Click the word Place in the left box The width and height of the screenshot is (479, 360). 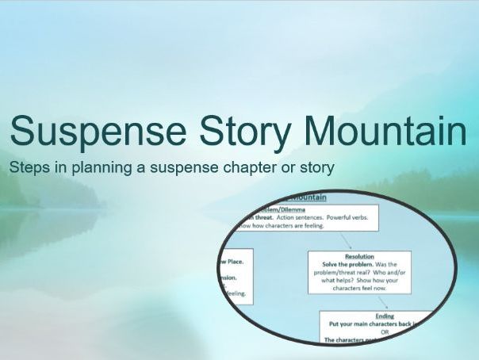(x=236, y=260)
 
